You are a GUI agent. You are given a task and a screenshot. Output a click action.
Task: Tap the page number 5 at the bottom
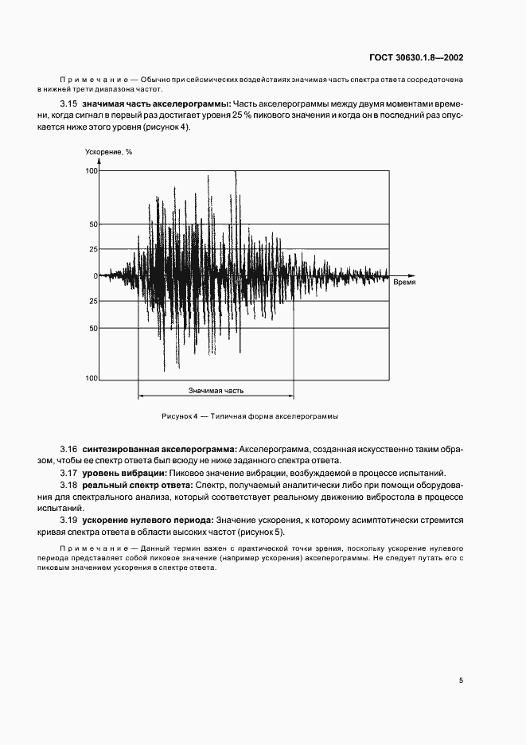[x=461, y=680]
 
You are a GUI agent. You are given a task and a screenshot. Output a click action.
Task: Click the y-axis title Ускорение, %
[x=108, y=152]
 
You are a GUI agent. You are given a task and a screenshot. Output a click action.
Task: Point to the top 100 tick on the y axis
[x=92, y=171]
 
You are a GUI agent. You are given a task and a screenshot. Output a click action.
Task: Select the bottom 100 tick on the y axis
[x=92, y=379]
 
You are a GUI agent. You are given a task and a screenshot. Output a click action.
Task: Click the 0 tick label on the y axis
[x=95, y=276]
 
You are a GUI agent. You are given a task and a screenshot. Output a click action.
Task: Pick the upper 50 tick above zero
[x=93, y=224]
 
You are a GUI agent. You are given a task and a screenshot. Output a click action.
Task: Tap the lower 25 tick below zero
[x=93, y=301]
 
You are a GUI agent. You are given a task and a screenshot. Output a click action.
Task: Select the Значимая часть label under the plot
[x=216, y=391]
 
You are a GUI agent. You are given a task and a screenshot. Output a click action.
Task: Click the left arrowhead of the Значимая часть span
[x=142, y=396]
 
